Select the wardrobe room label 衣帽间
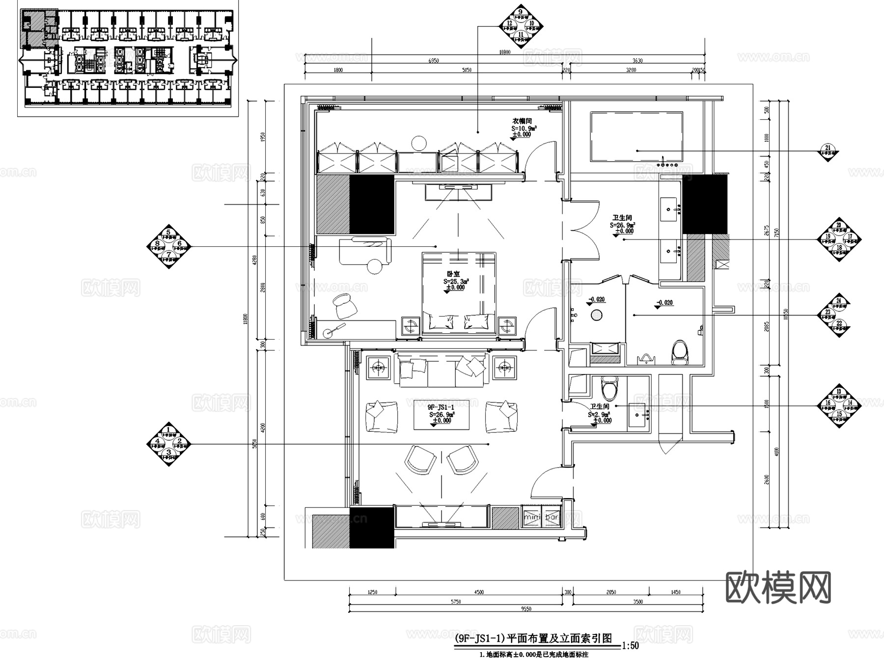coord(522,121)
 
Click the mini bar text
coord(542,517)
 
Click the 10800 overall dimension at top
coord(504,52)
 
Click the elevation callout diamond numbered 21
coord(828,150)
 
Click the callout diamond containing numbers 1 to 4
coord(168,444)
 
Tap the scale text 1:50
coord(630,646)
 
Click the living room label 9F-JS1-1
coord(441,407)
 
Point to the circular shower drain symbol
coord(596,315)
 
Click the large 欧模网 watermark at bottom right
coord(778,587)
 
